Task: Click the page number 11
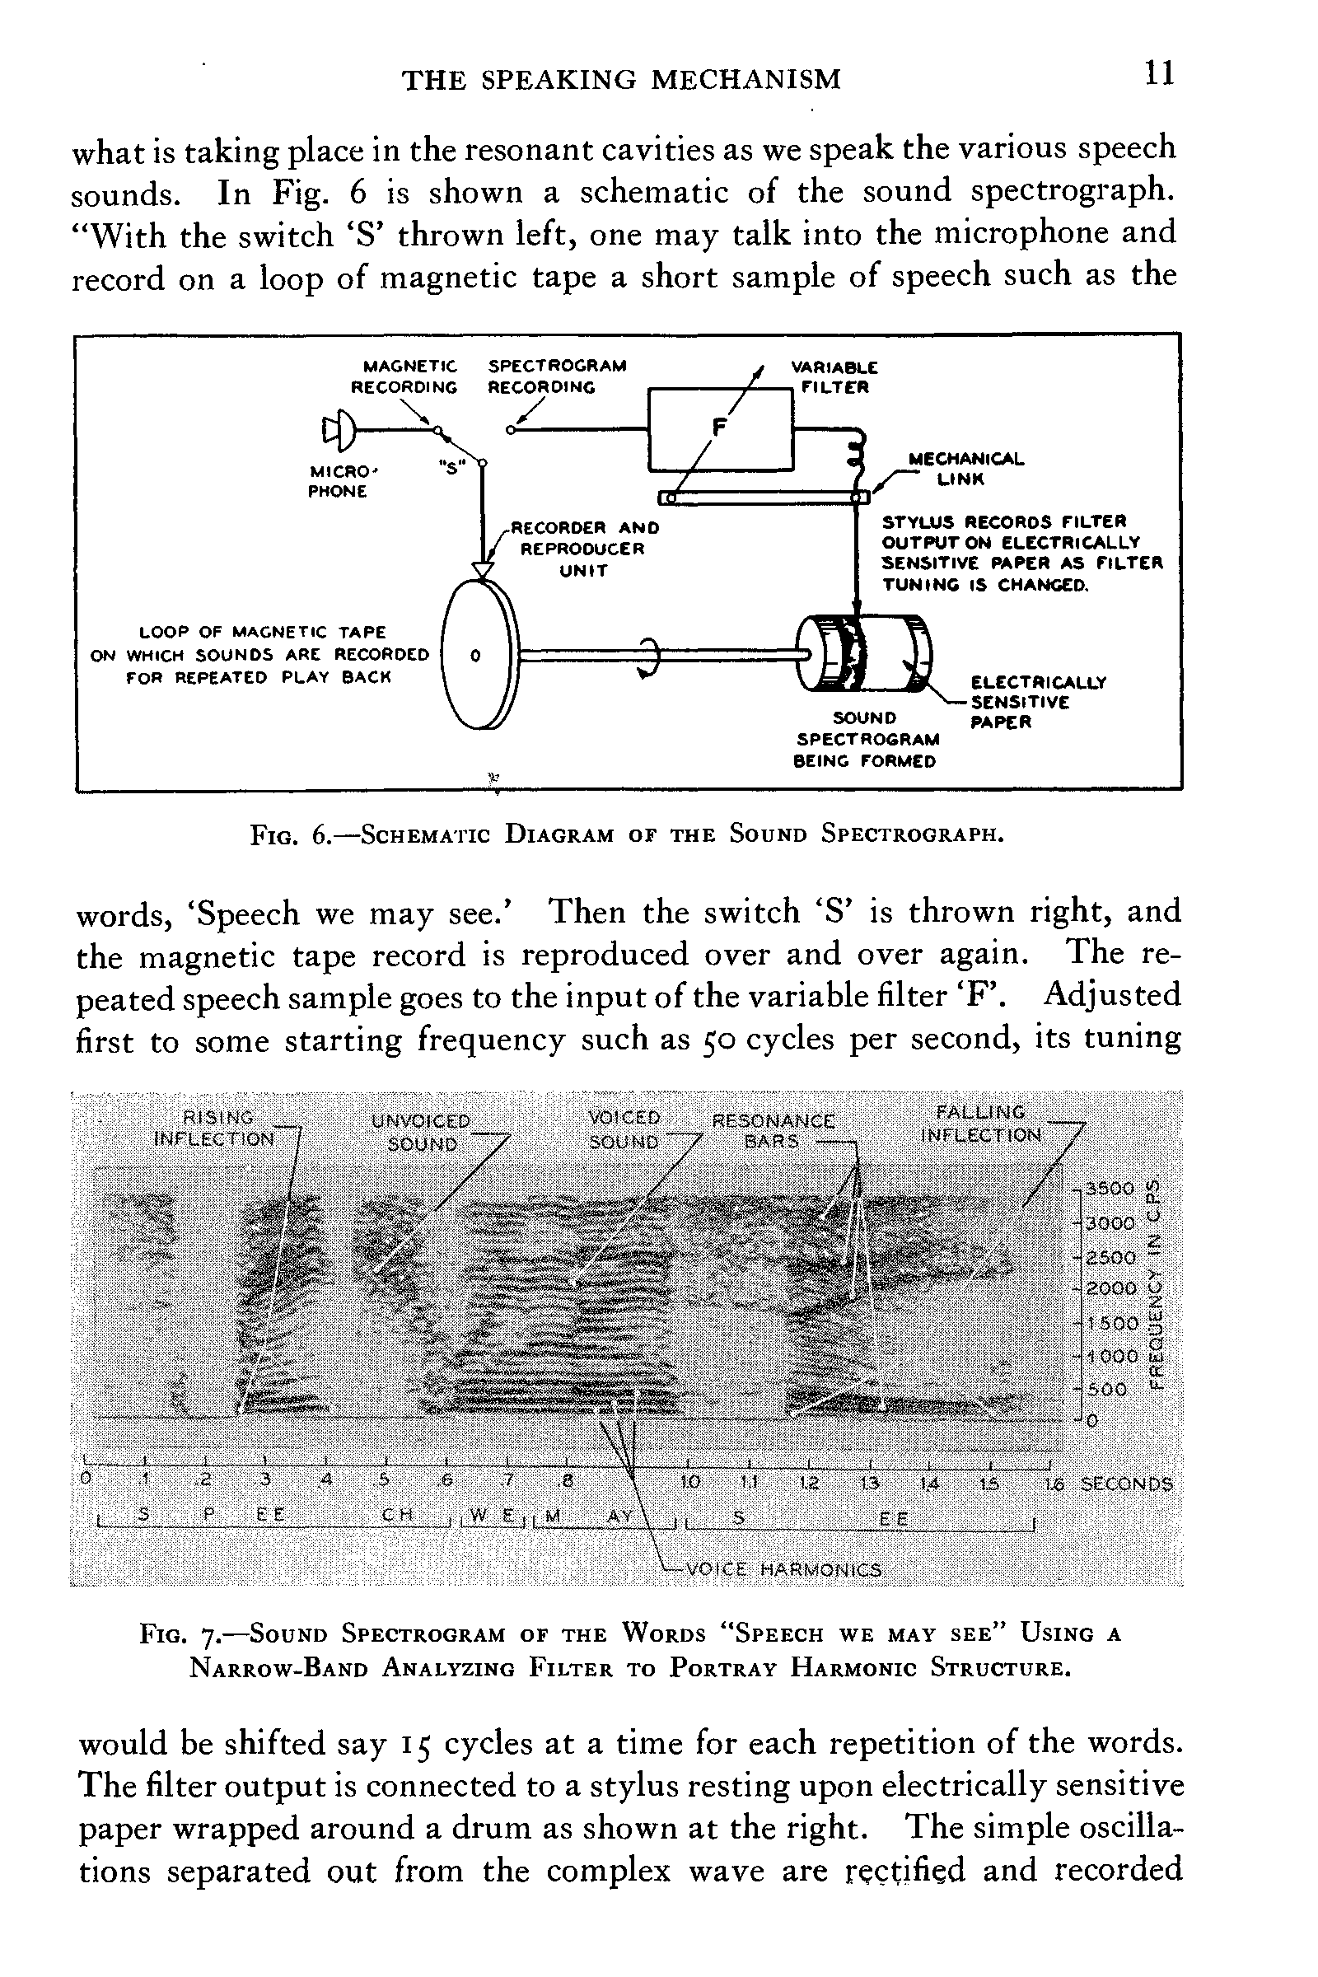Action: [x=1158, y=75]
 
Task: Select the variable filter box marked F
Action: [x=719, y=428]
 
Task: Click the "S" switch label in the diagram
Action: [x=451, y=468]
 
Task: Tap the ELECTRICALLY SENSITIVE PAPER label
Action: [x=1037, y=702]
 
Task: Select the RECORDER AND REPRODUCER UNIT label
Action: [x=585, y=549]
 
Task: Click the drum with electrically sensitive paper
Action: [x=866, y=654]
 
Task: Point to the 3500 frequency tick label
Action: [x=1110, y=1189]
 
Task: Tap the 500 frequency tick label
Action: [x=1107, y=1390]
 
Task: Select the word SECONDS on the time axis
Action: [x=1126, y=1484]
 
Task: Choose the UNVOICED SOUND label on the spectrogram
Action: [x=422, y=1132]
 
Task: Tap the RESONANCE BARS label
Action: [x=774, y=1131]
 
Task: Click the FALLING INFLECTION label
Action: [x=982, y=1124]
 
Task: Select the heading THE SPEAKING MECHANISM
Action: [x=621, y=80]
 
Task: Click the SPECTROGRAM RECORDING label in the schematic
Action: [x=557, y=376]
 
